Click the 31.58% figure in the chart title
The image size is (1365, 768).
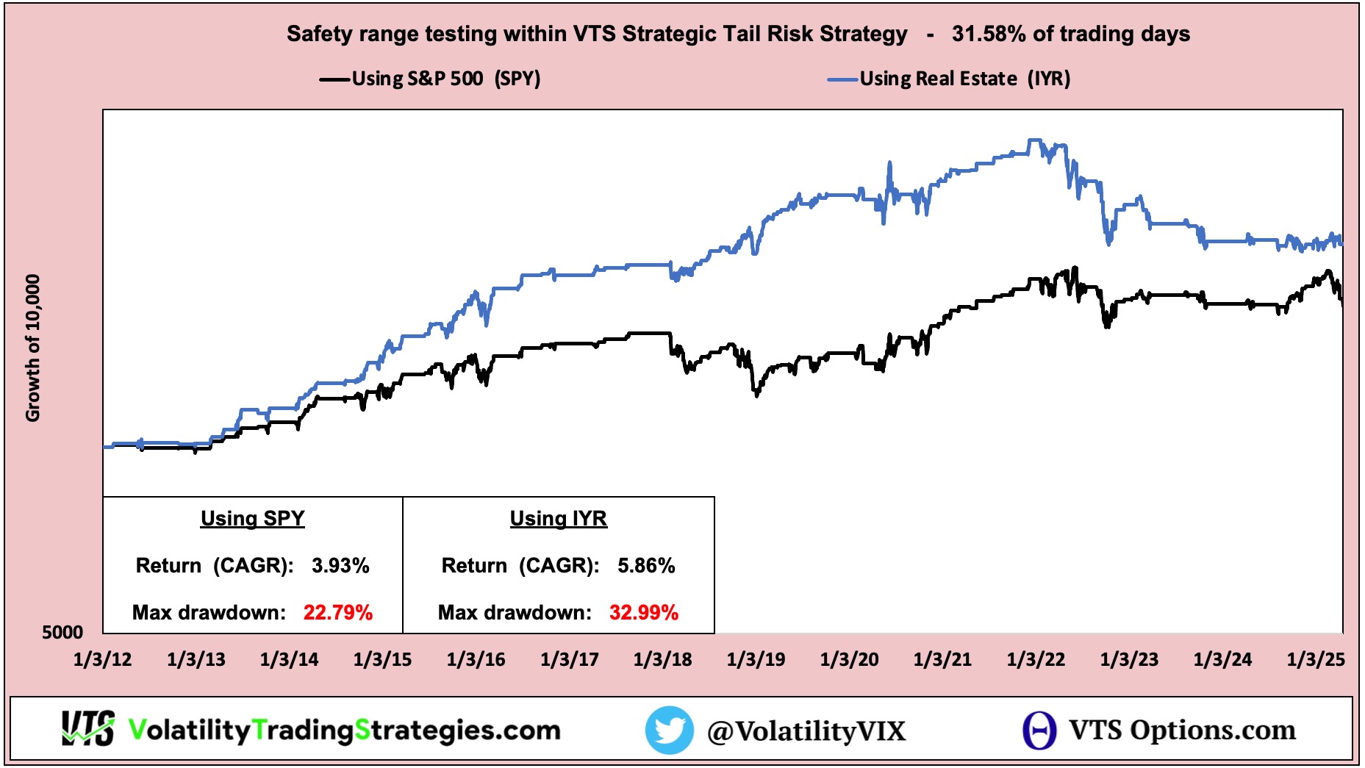tap(988, 34)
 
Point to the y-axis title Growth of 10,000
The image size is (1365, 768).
tap(32, 348)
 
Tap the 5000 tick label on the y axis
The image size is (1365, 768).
tap(62, 632)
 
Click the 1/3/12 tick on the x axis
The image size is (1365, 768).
tap(102, 659)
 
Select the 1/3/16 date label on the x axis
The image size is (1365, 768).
tap(476, 659)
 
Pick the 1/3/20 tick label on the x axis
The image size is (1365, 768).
tap(849, 659)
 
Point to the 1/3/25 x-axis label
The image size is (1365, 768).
tap(1316, 659)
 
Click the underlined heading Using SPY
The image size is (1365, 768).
tap(252, 518)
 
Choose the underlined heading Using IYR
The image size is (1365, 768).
tap(559, 518)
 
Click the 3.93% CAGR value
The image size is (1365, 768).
tap(340, 565)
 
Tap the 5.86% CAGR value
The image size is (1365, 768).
tap(646, 565)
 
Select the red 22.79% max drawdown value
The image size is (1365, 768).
tap(338, 612)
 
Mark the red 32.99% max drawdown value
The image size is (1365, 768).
tap(644, 612)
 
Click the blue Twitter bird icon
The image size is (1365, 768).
tap(669, 730)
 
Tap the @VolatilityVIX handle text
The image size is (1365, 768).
tap(806, 731)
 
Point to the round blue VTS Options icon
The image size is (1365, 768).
tap(1039, 730)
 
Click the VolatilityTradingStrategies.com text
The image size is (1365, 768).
tap(344, 730)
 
